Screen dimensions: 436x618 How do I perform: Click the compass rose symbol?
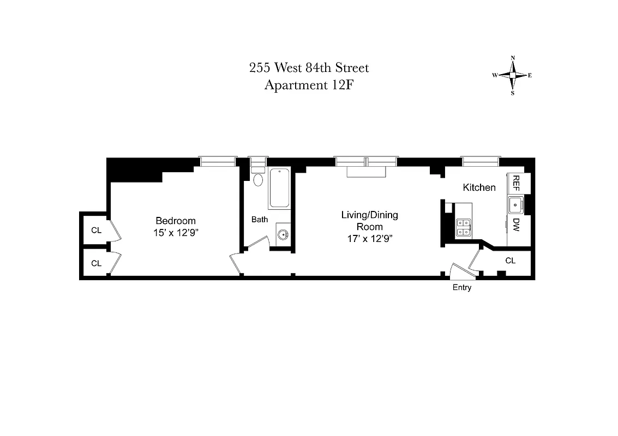[x=512, y=75]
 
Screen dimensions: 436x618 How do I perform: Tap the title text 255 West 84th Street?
[x=309, y=68]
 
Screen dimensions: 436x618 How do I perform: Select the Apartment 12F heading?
[x=309, y=85]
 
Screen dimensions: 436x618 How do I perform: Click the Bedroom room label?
[x=175, y=221]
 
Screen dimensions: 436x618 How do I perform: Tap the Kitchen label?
[x=479, y=187]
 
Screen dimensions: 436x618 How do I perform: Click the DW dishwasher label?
[x=516, y=224]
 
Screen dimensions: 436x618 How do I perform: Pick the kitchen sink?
[x=515, y=205]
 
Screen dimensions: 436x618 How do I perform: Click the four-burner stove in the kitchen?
[x=463, y=227]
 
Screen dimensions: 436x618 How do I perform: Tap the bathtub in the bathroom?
[x=279, y=189]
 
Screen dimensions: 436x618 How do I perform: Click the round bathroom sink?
[x=283, y=235]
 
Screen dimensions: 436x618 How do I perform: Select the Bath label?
[x=260, y=220]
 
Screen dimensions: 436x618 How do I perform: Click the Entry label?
[x=461, y=288]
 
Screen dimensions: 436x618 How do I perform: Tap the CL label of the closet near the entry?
[x=510, y=261]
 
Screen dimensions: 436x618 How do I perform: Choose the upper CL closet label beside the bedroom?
[x=96, y=230]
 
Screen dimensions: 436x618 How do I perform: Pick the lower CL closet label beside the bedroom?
[x=96, y=263]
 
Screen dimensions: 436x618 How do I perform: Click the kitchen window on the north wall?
[x=480, y=161]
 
